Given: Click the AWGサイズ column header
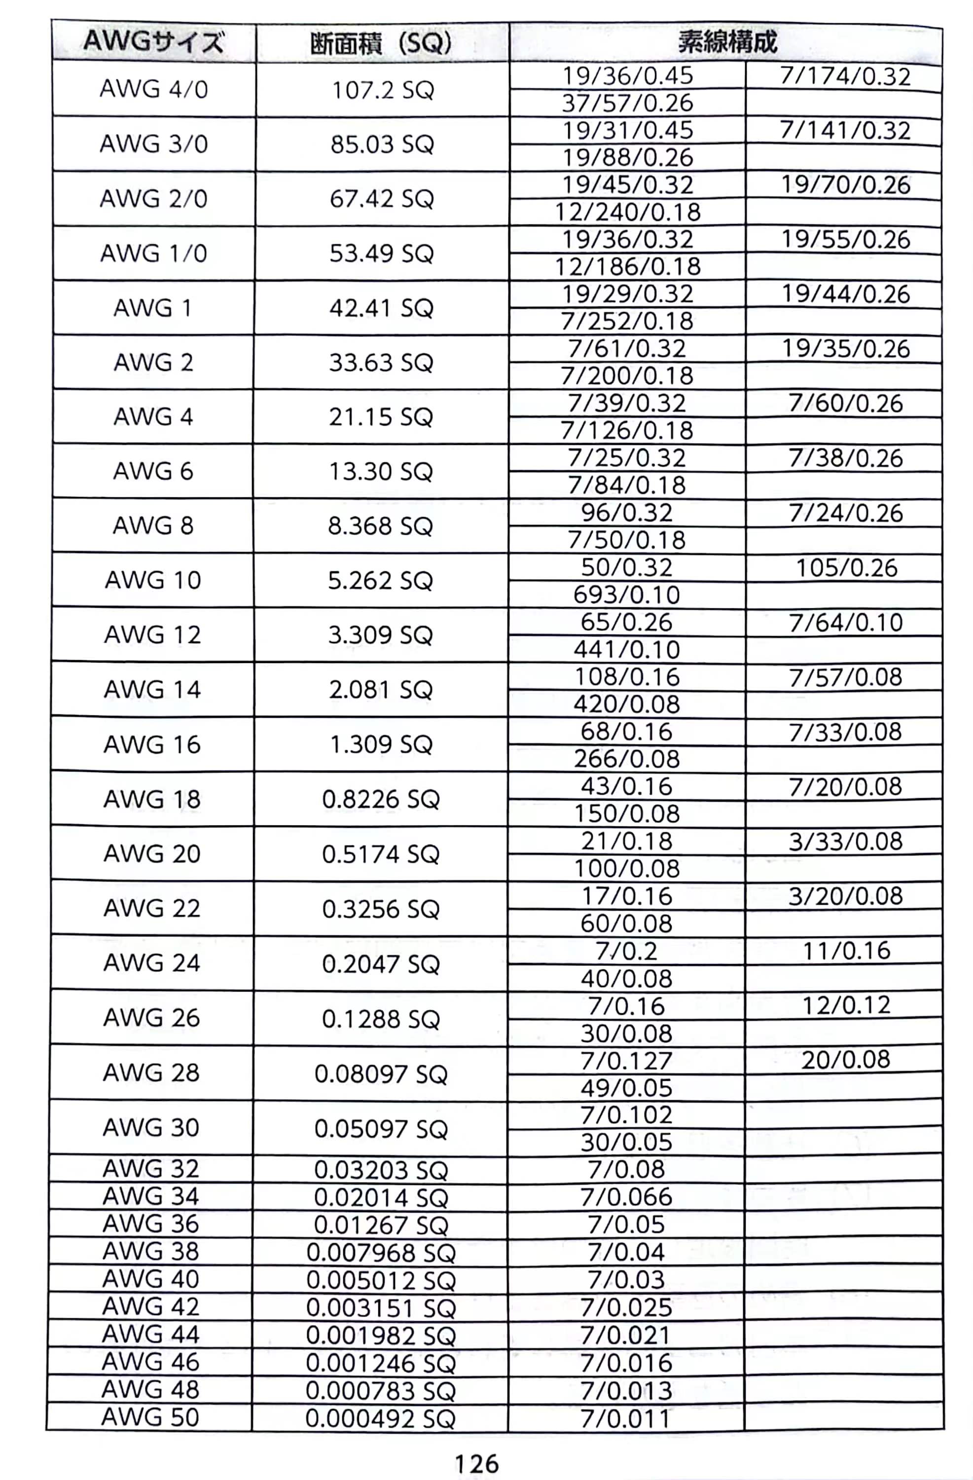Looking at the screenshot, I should (153, 42).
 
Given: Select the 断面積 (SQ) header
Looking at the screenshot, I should (381, 43).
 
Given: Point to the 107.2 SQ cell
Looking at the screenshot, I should (382, 91).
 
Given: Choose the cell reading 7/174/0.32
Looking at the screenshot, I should (844, 76).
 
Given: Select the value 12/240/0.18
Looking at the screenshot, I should (627, 212).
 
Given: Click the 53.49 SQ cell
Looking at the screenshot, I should (381, 253).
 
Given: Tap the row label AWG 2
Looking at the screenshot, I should (153, 362).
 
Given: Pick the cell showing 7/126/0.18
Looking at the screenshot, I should (627, 430).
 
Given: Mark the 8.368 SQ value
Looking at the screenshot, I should (380, 526).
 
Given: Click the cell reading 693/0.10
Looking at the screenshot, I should (627, 594).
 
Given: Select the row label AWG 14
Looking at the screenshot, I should (152, 689).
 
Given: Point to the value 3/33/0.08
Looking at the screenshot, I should (845, 841).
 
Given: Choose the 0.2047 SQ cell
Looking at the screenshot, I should (381, 964).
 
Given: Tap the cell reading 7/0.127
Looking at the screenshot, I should (627, 1060).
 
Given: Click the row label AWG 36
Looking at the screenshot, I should (151, 1224).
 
